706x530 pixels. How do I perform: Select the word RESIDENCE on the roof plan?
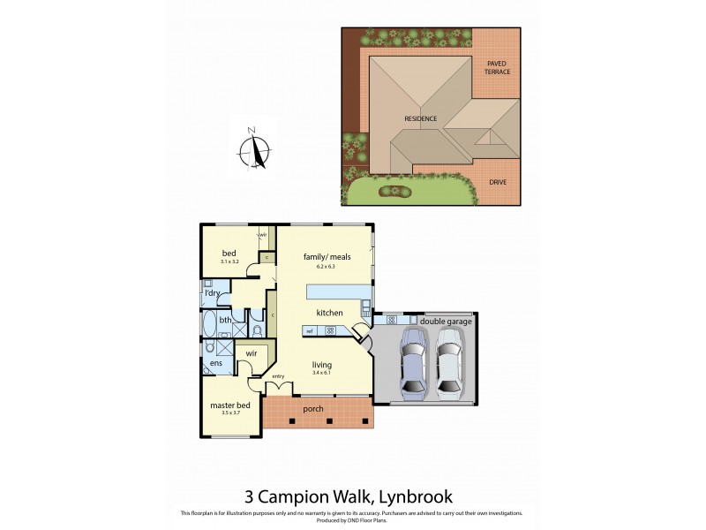pos(421,117)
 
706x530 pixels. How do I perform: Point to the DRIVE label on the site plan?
pos(499,182)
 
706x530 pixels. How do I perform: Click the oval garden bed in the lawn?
pos(392,190)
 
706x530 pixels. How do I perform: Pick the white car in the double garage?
pos(449,361)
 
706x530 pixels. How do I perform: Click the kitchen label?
pos(329,313)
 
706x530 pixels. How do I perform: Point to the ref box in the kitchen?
pos(310,331)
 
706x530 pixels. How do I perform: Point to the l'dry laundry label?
pos(212,292)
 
